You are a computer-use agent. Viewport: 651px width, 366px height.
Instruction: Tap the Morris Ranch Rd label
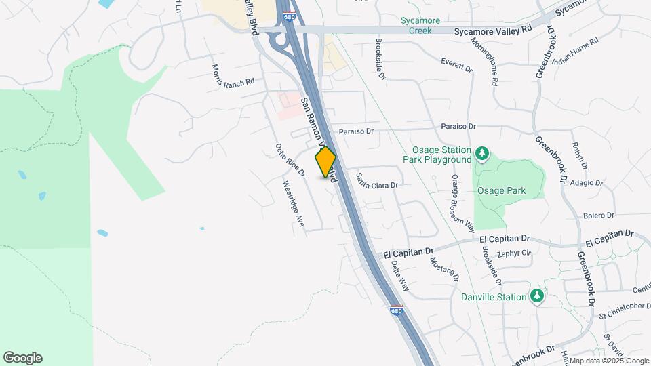232,77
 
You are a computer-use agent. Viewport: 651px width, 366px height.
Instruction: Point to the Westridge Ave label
294,204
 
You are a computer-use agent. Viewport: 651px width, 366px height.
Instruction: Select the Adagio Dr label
586,183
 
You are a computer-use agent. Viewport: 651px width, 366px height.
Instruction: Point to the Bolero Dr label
598,216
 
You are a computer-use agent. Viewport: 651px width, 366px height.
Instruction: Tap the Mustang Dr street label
446,267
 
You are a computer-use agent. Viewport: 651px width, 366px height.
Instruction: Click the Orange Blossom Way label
462,202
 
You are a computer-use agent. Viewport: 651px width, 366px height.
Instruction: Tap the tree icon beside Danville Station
537,296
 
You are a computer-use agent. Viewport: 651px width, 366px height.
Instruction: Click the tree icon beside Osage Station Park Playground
482,155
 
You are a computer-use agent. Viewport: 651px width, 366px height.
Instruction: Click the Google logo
22,358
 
